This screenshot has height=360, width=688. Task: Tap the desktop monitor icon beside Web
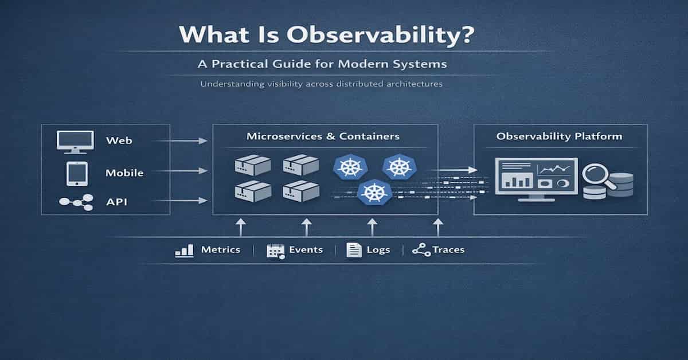coord(75,141)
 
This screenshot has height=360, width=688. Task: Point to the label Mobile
coord(124,173)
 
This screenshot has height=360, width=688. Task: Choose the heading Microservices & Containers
coord(323,137)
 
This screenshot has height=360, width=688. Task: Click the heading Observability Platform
coord(560,136)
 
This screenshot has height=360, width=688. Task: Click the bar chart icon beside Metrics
coord(183,251)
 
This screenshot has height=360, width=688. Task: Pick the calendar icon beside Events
coord(276,251)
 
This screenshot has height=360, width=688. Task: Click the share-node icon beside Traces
coord(421,251)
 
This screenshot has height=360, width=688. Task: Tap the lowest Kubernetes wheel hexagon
coord(373,192)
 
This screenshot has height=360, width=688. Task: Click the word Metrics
coord(221,250)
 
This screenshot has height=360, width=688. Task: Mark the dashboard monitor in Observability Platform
coord(536,178)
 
